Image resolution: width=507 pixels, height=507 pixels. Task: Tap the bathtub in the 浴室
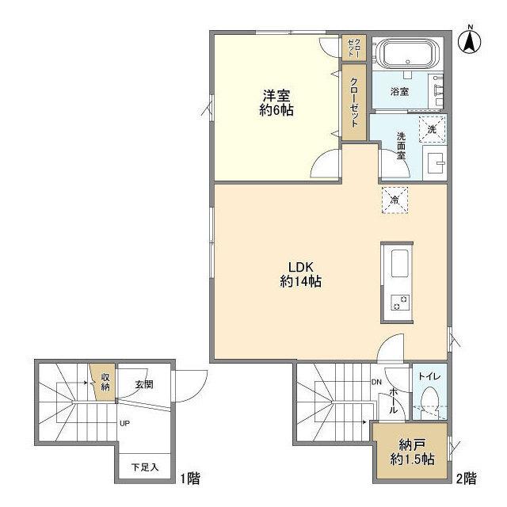pyautogui.click(x=406, y=56)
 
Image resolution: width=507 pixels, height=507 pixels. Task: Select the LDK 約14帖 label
pyautogui.click(x=299, y=274)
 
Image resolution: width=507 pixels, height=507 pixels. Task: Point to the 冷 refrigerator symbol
pyautogui.click(x=394, y=199)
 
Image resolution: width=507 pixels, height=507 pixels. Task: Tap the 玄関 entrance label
pyautogui.click(x=143, y=385)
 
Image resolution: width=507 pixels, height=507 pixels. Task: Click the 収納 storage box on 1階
pyautogui.click(x=101, y=381)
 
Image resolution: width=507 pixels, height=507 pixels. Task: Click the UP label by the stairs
pyautogui.click(x=124, y=424)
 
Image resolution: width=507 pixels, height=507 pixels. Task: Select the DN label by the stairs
pyautogui.click(x=376, y=382)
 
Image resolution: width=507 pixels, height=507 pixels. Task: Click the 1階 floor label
pyautogui.click(x=190, y=478)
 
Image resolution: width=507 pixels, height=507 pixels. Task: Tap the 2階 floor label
pyautogui.click(x=466, y=478)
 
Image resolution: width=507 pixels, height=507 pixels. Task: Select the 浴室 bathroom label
pyautogui.click(x=400, y=92)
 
